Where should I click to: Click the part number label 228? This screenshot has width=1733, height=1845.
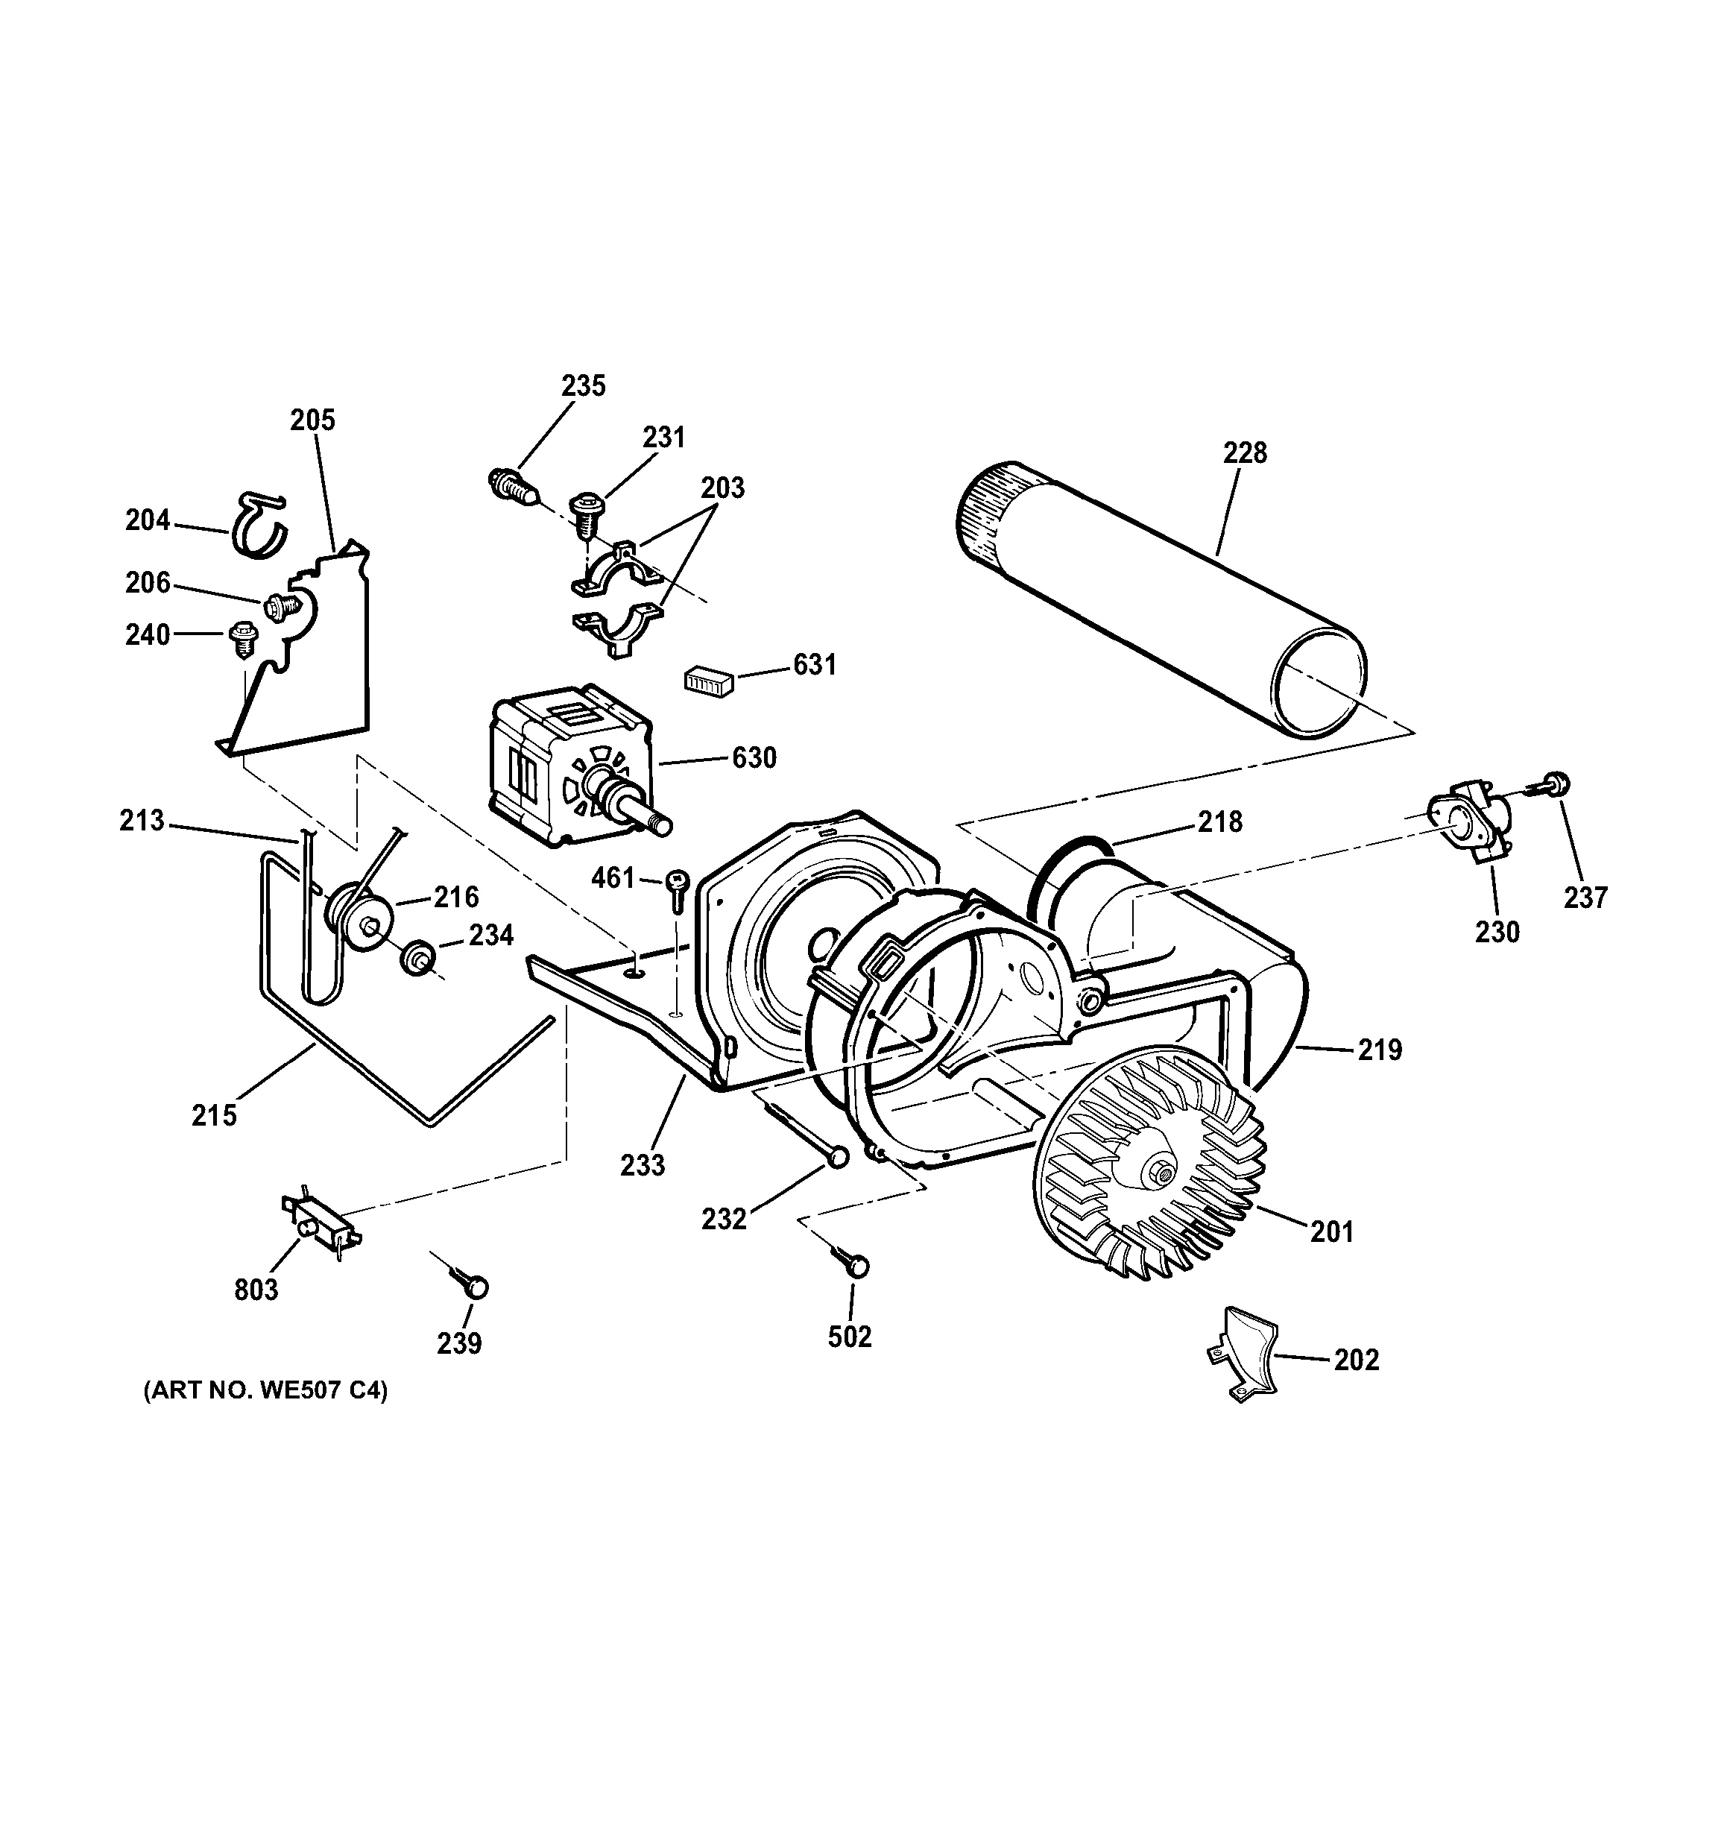[1244, 453]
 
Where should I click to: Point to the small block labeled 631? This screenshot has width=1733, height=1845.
[710, 681]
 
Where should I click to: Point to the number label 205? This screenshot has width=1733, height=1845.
[312, 420]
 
